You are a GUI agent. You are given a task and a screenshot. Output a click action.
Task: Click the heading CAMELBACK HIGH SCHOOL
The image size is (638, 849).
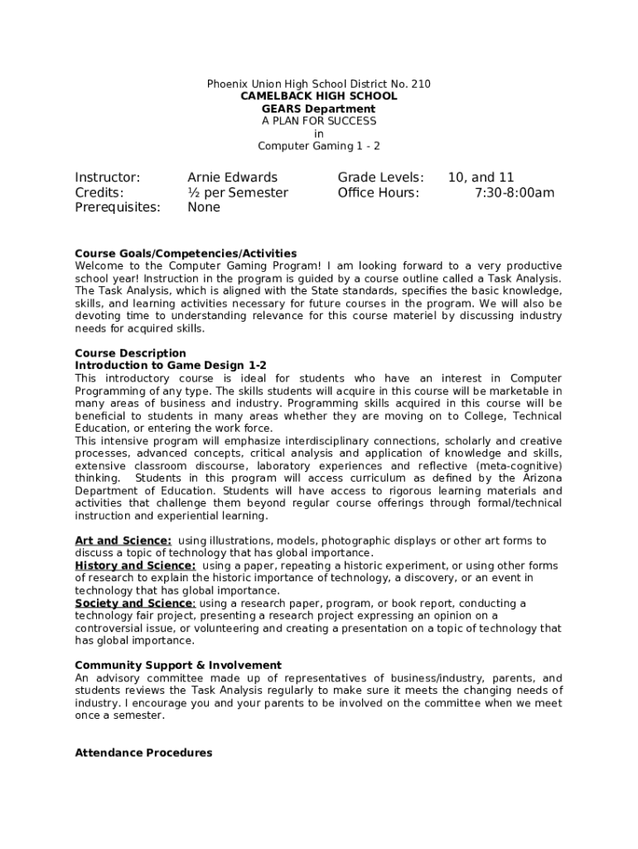pos(319,96)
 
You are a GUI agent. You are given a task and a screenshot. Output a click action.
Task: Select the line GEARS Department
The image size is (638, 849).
pos(319,109)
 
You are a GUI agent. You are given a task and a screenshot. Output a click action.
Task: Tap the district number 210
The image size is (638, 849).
pos(420,84)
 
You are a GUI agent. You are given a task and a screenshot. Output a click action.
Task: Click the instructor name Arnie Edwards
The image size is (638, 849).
pos(233,177)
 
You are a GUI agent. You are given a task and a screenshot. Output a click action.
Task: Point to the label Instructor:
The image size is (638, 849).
pos(108,177)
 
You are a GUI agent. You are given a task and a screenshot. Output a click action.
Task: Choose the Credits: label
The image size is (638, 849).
pos(99,193)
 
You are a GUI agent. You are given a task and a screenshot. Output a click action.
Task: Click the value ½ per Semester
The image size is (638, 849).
pos(238,193)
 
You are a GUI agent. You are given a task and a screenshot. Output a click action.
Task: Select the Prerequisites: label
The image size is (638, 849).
pos(118,207)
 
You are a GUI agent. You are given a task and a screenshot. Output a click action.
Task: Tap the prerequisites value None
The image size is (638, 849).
pos(204,207)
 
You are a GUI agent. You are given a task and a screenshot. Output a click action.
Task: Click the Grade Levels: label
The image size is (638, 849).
pos(380,177)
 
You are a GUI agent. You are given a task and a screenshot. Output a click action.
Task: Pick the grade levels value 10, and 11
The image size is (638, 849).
pos(481,177)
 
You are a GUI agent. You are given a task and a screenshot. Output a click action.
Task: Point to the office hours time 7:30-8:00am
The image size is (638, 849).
pos(515,193)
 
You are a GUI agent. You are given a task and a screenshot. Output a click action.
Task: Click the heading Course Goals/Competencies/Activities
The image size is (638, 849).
pos(186,253)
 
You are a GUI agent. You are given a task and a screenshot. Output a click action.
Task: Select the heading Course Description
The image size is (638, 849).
pos(130,353)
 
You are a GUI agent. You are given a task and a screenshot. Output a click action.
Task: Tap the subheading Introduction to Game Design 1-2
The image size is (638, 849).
pos(171,366)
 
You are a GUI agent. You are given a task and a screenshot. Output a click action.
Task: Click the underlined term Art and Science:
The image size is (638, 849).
pos(123,541)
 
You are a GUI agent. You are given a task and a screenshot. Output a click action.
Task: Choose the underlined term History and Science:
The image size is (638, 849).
pos(135,565)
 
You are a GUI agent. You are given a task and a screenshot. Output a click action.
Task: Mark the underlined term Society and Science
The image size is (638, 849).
pos(133,603)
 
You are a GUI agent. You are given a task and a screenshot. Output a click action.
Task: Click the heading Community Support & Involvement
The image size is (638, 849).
pos(178,665)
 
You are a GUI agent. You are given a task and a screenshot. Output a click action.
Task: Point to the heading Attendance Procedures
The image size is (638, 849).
pos(143,753)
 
